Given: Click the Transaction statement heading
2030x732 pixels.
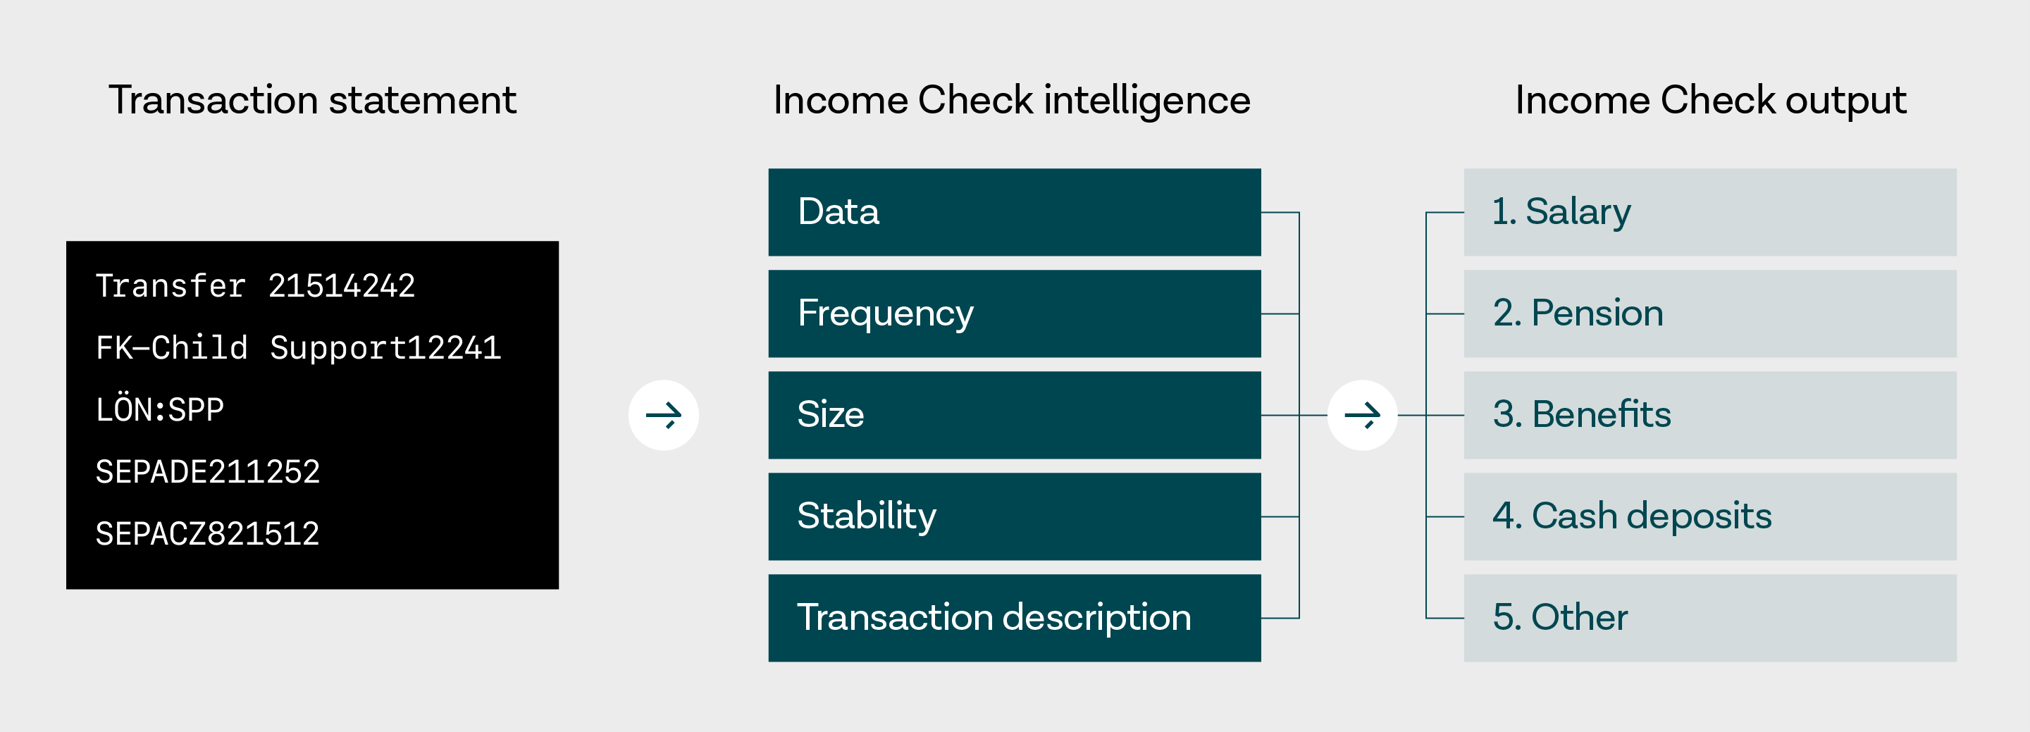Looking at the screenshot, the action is pos(312,100).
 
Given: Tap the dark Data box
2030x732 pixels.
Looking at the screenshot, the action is pos(1014,212).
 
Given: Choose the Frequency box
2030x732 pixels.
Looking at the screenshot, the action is pos(1014,314).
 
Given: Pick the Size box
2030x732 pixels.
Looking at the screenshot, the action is pos(1014,415).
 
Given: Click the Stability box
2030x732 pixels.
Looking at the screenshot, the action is pos(1014,517).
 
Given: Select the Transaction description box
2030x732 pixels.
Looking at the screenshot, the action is pos(1014,619).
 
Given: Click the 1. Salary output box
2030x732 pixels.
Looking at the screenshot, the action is pos(1710,212).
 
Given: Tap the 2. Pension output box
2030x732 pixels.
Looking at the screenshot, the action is pos(1710,314).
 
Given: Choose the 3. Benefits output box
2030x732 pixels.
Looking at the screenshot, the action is pos(1710,415).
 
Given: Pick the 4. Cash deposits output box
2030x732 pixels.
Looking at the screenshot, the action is pos(1710,517).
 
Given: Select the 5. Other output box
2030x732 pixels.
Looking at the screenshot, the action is pos(1710,619).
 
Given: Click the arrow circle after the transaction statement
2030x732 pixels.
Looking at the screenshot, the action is pos(664,415).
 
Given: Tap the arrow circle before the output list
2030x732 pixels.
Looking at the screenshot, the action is pos(1363,415).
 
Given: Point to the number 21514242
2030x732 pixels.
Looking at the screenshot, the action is pos(341,286).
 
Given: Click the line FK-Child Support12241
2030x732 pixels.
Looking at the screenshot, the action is pos(298,348).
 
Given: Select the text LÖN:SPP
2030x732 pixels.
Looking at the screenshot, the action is pos(160,409).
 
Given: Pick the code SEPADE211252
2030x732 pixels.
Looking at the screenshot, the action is pos(207,472).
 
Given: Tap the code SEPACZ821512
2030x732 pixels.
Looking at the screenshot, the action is pos(207,534).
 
